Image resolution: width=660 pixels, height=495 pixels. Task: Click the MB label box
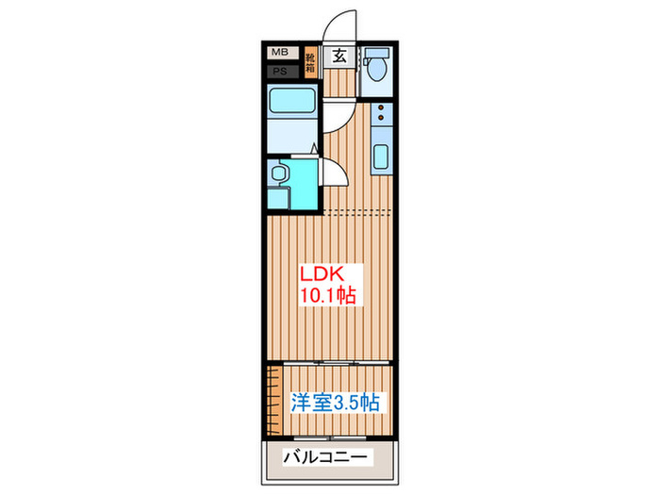coord(280,54)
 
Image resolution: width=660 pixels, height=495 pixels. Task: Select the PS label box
coord(280,71)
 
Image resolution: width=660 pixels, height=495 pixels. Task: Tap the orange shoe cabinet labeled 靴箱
coord(310,64)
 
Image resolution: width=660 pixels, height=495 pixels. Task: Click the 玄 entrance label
coord(339,57)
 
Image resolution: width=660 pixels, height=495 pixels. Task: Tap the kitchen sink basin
coord(382,157)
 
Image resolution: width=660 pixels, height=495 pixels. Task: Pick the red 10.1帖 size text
coord(327,296)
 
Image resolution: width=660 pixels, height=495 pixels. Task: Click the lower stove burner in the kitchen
coord(381,124)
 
